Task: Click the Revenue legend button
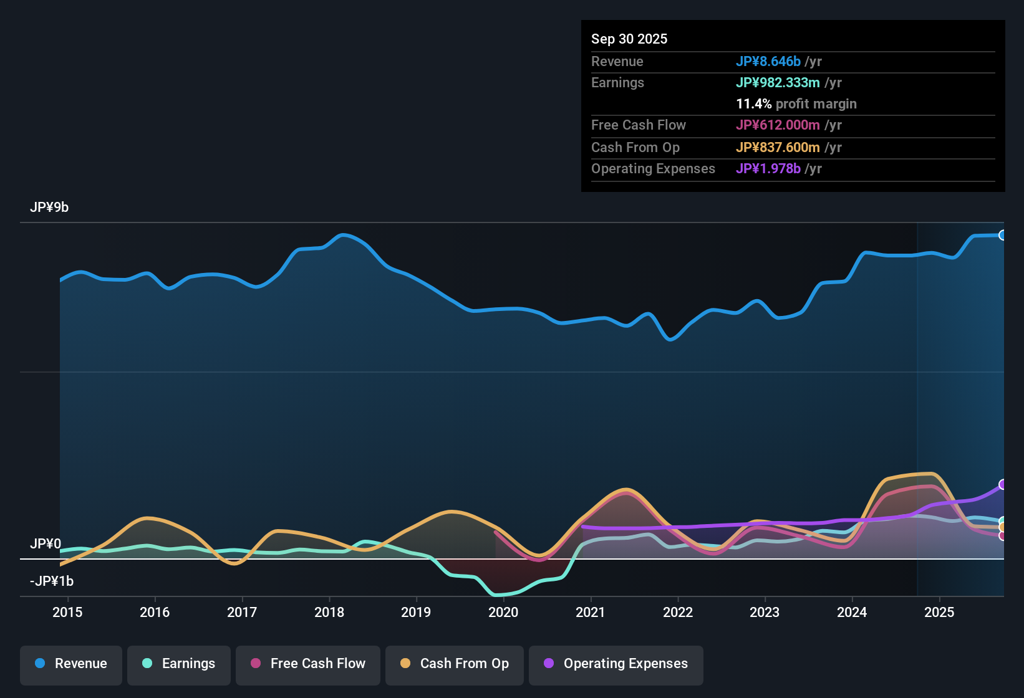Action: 71,664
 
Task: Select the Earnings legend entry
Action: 179,664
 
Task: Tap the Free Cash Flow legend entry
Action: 308,664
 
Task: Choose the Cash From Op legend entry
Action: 455,664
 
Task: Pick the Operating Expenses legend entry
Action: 616,664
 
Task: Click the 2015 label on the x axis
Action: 67,612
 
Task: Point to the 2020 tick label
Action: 503,612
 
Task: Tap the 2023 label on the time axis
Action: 765,612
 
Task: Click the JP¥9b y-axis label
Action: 49,208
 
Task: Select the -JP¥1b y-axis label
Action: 52,581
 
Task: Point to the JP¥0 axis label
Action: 46,544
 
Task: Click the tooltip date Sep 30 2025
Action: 629,39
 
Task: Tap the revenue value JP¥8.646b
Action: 768,62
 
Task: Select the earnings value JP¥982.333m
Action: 778,83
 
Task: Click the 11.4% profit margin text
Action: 796,104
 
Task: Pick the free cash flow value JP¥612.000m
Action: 778,125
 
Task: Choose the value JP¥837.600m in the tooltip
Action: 778,148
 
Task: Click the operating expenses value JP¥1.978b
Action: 768,169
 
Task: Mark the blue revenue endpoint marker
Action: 1002,235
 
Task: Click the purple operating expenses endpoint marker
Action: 1002,484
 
